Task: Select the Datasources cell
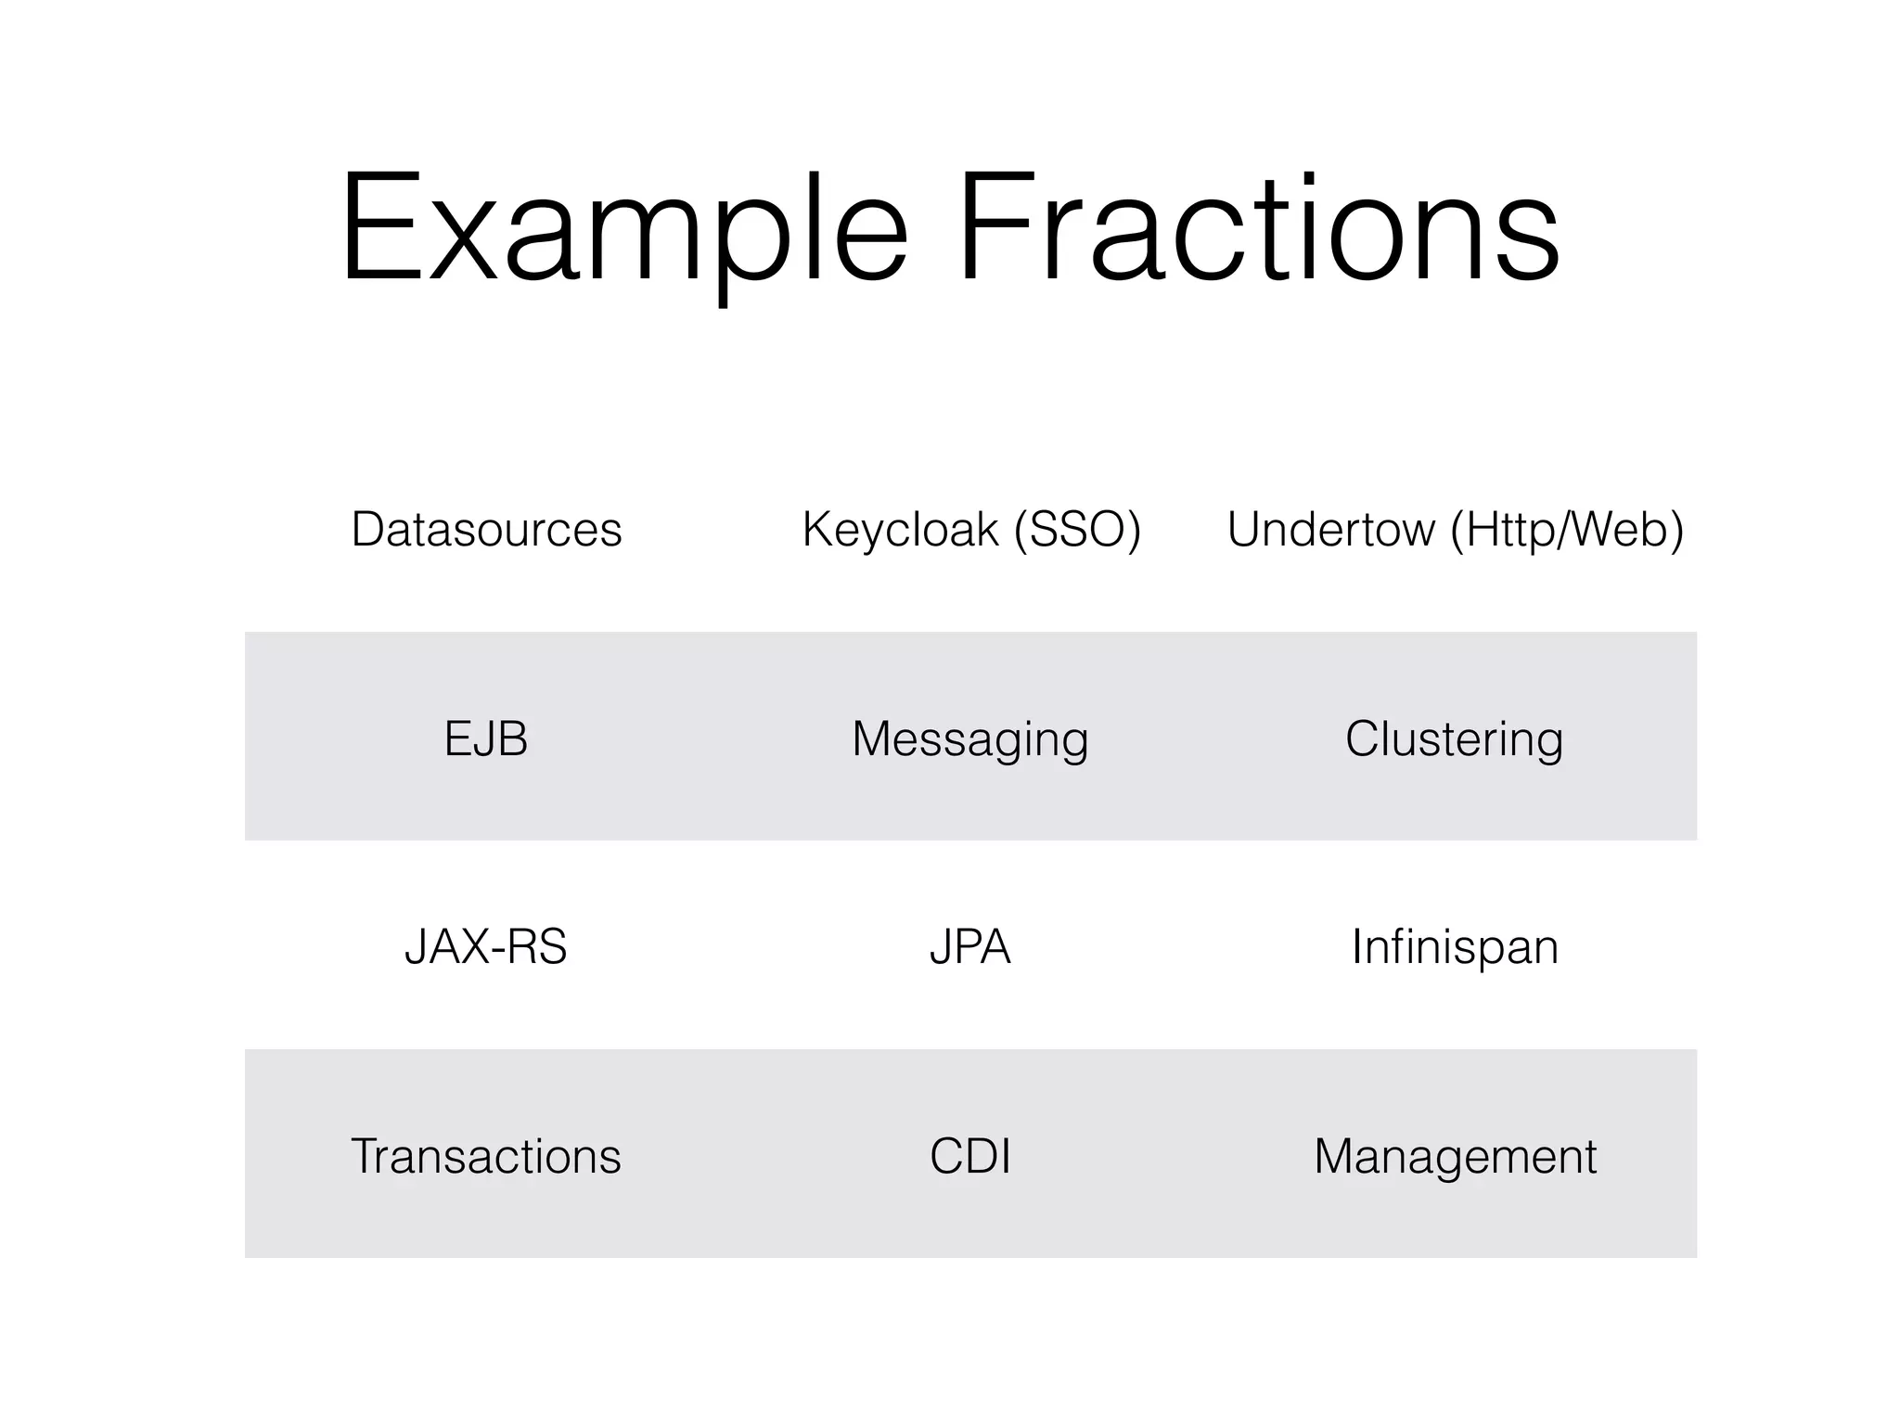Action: [x=486, y=530]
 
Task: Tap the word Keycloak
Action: [x=899, y=530]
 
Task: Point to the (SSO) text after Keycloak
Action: [x=1077, y=530]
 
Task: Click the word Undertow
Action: [x=1331, y=530]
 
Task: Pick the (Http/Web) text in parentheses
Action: [x=1567, y=530]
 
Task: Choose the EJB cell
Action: [x=486, y=739]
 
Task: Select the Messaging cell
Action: [x=970, y=739]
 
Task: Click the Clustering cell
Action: [x=1454, y=739]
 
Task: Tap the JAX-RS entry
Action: [x=486, y=947]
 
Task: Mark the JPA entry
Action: [x=970, y=947]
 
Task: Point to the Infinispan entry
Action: [x=1454, y=947]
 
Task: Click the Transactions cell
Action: [x=486, y=1157]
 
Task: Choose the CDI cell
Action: [x=970, y=1157]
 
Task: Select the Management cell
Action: [x=1454, y=1157]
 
